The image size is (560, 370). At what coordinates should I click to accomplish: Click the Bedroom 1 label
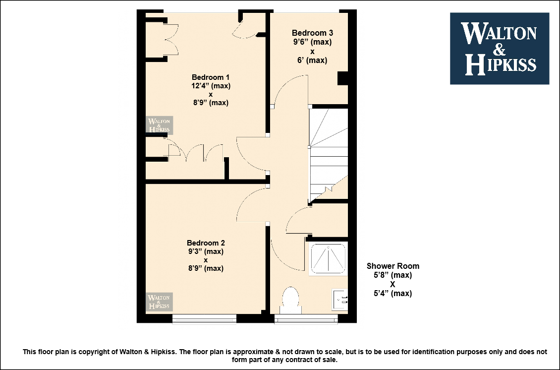point(211,77)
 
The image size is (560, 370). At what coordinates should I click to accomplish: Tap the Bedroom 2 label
point(206,243)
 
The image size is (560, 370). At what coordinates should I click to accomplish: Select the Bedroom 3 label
point(313,33)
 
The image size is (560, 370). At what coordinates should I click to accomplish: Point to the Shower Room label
point(393,266)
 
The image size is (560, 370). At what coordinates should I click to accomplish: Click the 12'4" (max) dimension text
point(211,86)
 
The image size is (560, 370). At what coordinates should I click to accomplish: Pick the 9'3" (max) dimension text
point(206,251)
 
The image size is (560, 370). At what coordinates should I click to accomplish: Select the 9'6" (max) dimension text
point(313,42)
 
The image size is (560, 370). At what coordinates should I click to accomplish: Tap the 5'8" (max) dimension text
point(393,275)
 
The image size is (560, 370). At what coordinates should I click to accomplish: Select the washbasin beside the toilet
point(339,300)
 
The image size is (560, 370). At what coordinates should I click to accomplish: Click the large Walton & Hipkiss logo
point(500,49)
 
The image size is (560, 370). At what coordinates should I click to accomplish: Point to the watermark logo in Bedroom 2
point(159,302)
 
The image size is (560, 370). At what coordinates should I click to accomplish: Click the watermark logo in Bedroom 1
point(159,125)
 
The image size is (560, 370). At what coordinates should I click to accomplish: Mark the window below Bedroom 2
point(204,318)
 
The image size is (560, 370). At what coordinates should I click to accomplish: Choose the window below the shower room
point(306,318)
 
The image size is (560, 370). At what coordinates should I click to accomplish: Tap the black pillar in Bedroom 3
point(342,78)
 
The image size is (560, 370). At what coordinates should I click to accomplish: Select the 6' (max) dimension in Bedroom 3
point(313,60)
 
